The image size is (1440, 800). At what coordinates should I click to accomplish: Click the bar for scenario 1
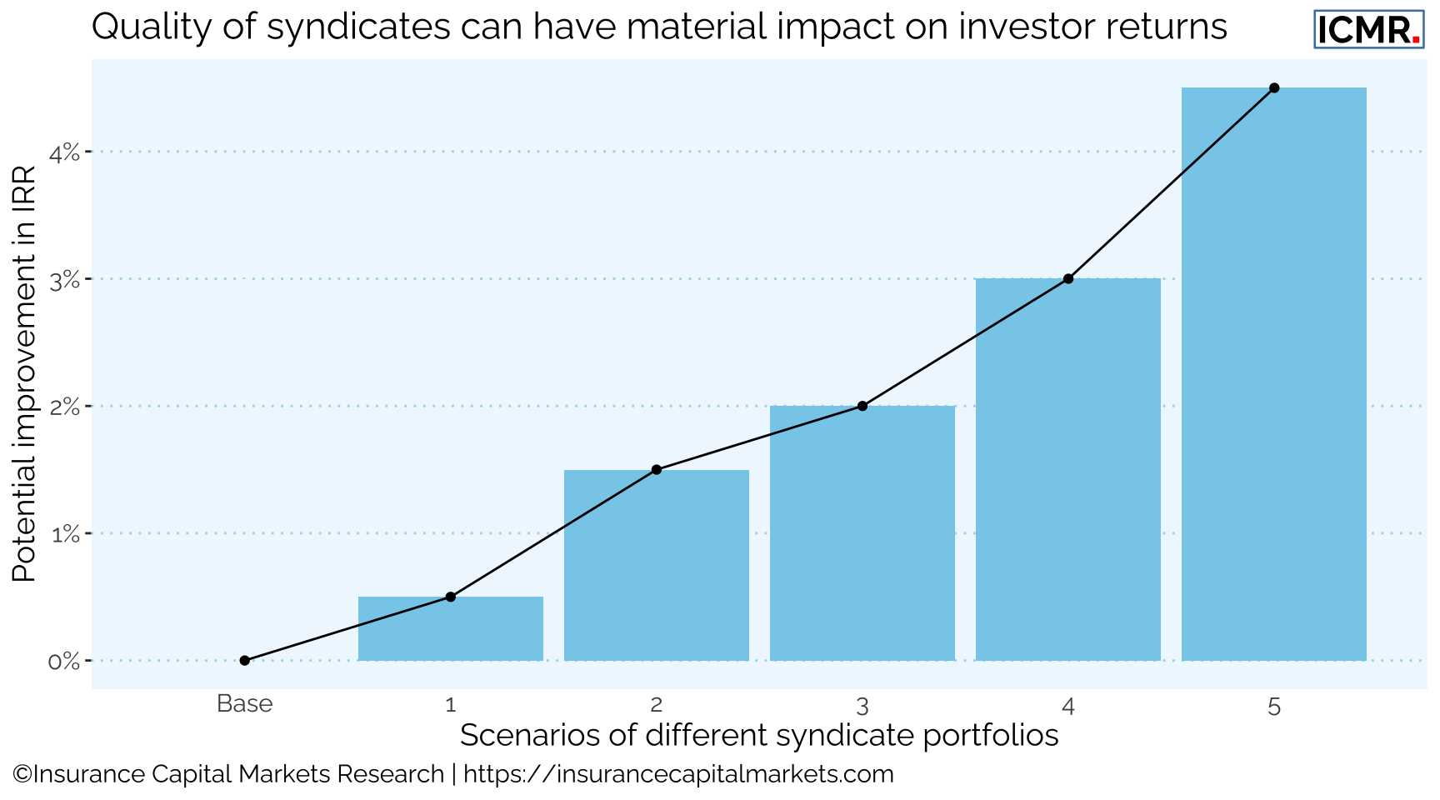pyautogui.click(x=450, y=629)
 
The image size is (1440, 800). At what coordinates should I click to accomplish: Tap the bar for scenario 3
pyautogui.click(x=862, y=533)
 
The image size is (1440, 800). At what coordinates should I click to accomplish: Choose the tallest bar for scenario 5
pyautogui.click(x=1274, y=374)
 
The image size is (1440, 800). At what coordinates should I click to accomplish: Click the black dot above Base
pyautogui.click(x=244, y=661)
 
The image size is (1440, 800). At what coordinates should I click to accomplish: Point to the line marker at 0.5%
pyautogui.click(x=450, y=597)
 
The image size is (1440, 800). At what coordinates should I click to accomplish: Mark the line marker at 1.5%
pyautogui.click(x=657, y=470)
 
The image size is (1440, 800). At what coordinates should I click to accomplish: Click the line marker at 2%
pyautogui.click(x=862, y=406)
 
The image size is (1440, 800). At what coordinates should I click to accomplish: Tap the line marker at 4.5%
pyautogui.click(x=1274, y=87)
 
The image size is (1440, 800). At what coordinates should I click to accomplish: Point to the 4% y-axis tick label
pyautogui.click(x=65, y=152)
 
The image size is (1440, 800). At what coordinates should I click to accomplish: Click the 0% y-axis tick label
pyautogui.click(x=65, y=662)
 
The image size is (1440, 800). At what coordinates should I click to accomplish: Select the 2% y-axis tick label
pyautogui.click(x=65, y=407)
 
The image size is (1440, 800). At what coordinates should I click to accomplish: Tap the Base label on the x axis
pyautogui.click(x=244, y=704)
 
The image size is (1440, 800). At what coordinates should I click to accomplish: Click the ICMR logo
pyautogui.click(x=1368, y=30)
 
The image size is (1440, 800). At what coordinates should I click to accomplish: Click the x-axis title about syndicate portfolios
pyautogui.click(x=758, y=736)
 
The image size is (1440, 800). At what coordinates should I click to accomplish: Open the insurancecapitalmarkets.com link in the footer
pyautogui.click(x=677, y=775)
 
